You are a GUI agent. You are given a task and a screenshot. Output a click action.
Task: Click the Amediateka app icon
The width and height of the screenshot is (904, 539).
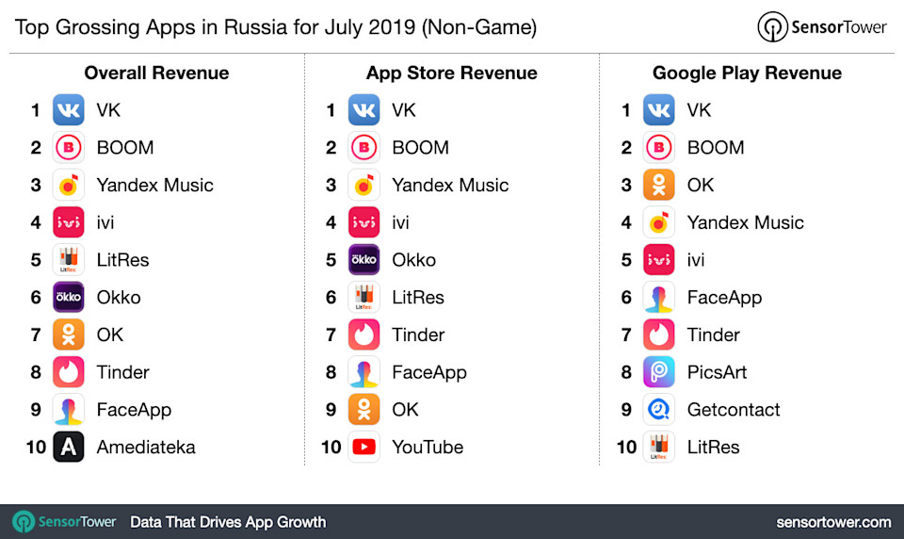69,447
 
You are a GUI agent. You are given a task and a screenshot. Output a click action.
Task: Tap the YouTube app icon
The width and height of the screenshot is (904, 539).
363,447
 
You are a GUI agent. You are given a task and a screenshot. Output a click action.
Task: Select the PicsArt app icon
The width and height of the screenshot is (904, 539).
659,372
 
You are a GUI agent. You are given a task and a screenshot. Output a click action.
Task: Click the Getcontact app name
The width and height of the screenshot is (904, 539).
734,410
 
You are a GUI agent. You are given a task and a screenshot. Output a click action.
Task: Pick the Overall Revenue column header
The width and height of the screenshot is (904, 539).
156,73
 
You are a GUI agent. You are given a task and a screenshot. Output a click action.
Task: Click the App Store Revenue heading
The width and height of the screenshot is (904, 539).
452,73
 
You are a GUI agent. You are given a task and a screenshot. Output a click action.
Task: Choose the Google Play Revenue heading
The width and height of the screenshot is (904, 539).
747,73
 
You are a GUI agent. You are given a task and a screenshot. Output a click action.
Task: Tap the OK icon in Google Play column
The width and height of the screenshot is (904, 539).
659,185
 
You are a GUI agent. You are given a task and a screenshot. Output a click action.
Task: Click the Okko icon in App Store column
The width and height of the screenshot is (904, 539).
363,259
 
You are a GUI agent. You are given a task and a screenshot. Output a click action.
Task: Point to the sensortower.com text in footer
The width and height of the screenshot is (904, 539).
833,521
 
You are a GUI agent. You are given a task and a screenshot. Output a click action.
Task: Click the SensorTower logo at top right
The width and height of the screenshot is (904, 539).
822,27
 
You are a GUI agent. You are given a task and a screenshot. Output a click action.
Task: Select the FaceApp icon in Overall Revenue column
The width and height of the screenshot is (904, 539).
69,410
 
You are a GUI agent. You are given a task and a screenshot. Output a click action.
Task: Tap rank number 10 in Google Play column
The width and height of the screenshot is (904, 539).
626,447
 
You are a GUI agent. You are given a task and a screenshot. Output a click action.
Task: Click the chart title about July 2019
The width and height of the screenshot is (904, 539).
276,27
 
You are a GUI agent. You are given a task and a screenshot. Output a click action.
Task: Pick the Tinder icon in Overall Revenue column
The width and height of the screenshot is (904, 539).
69,372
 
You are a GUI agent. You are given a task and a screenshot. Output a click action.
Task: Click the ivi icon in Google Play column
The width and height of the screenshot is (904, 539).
659,259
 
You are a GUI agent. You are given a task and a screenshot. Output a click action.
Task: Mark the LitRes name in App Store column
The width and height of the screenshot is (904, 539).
417,297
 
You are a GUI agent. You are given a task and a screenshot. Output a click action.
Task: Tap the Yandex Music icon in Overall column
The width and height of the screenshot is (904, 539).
69,185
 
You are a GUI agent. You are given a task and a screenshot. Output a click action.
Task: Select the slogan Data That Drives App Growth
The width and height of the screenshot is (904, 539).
228,521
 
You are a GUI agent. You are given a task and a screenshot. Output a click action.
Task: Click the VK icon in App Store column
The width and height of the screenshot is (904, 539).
363,110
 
